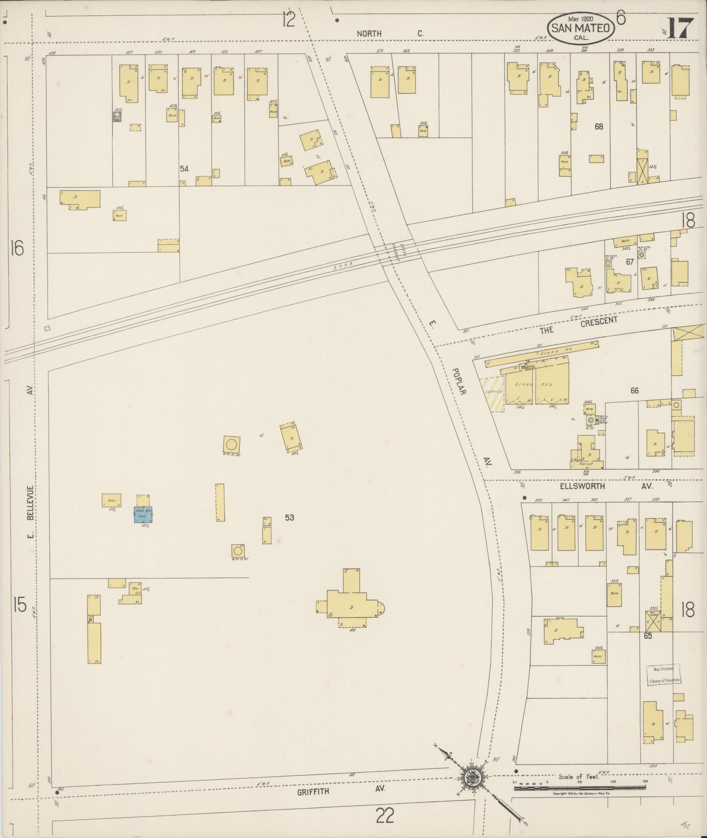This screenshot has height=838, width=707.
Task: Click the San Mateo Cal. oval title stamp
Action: point(581,28)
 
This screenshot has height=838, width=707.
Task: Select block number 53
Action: point(289,517)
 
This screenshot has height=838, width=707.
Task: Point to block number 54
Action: point(184,168)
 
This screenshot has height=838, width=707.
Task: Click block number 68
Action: point(599,127)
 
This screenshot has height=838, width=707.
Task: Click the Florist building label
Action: point(585,463)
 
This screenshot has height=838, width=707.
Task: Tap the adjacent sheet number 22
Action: point(384,816)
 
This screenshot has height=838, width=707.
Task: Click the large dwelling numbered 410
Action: point(351,607)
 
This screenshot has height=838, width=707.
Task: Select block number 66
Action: point(634,390)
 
